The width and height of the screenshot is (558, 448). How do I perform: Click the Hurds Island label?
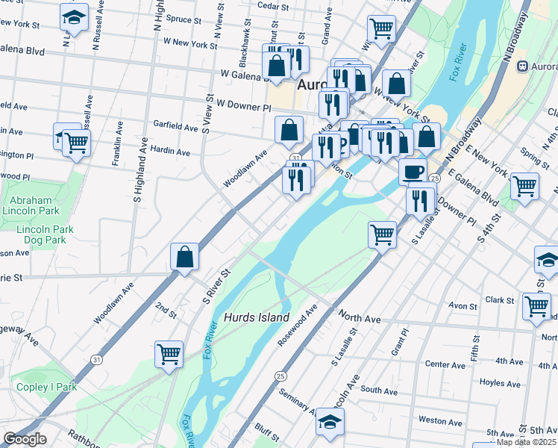pyautogui.click(x=256, y=317)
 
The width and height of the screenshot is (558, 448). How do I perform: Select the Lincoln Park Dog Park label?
pyautogui.click(x=41, y=234)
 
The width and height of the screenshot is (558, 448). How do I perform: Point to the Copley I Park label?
pyautogui.click(x=45, y=387)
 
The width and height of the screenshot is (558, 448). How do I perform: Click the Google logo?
pyautogui.click(x=24, y=439)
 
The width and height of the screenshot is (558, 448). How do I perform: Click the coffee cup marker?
pyautogui.click(x=412, y=171)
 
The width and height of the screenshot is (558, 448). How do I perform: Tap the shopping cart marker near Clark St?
pyautogui.click(x=536, y=305)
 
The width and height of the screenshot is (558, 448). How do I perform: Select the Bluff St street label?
pyautogui.click(x=265, y=429)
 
